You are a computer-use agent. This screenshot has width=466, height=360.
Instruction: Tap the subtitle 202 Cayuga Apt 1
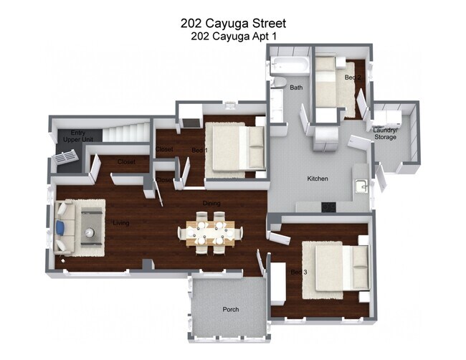[233, 35]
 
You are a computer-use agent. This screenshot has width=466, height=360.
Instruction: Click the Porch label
[230, 310]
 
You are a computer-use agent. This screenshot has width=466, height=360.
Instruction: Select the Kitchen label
[318, 179]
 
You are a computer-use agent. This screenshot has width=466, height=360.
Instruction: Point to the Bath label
[296, 87]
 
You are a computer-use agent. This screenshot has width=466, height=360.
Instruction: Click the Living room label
[121, 224]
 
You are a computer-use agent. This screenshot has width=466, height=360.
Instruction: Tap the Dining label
[211, 204]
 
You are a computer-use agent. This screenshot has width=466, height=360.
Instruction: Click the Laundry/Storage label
[385, 133]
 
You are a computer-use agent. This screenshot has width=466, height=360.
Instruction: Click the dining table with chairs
[211, 232]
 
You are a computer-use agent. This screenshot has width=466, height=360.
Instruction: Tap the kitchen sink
[362, 186]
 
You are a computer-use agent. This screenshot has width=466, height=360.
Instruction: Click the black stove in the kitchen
[328, 207]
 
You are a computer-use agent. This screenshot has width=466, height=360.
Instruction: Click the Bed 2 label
[352, 77]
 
